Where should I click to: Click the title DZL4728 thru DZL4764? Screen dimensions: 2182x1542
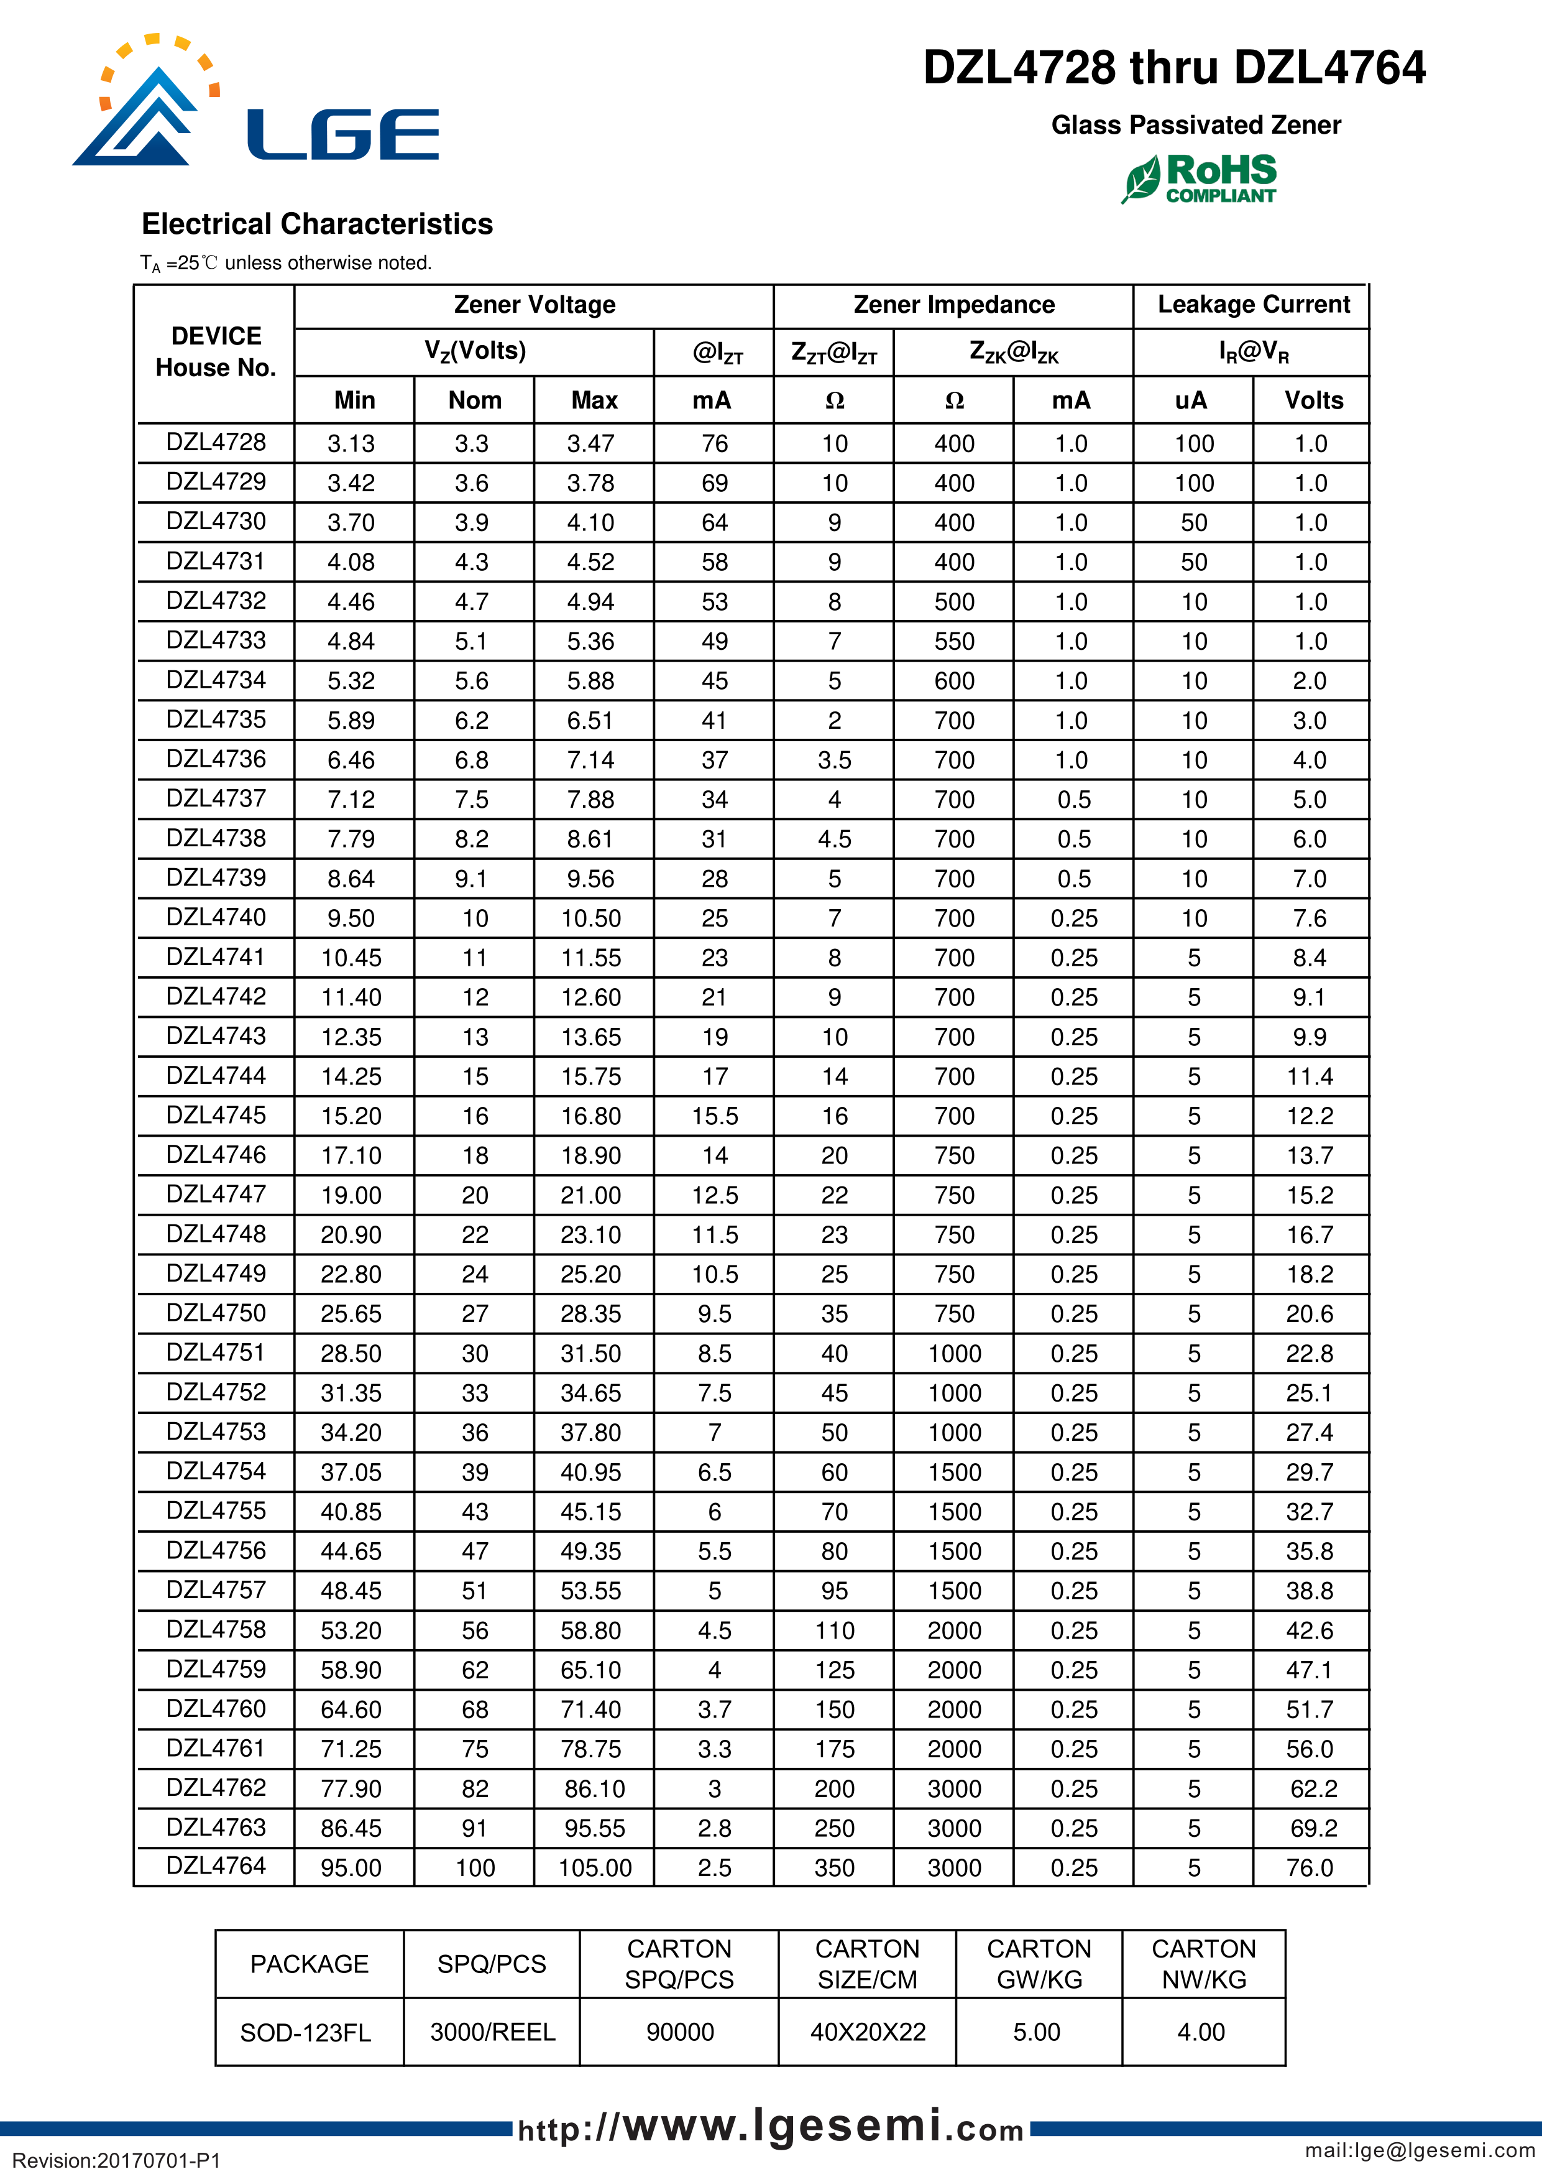pyautogui.click(x=1173, y=68)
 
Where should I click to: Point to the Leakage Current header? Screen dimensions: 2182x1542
pyautogui.click(x=1252, y=305)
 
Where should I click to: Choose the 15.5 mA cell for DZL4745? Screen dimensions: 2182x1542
pyautogui.click(x=715, y=1116)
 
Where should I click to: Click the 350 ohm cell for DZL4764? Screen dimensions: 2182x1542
pyautogui.click(x=834, y=1867)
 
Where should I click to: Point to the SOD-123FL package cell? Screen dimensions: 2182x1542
pyautogui.click(x=306, y=2032)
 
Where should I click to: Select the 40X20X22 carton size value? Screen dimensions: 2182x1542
pyautogui.click(x=868, y=2032)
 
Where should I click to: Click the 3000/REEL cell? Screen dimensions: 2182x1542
pyautogui.click(x=492, y=2032)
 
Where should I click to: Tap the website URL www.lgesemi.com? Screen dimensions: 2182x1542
pyautogui.click(x=771, y=2127)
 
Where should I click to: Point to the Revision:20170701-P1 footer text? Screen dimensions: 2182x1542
pyautogui.click(x=116, y=2160)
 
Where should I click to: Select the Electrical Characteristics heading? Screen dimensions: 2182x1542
pyautogui.click(x=318, y=224)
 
